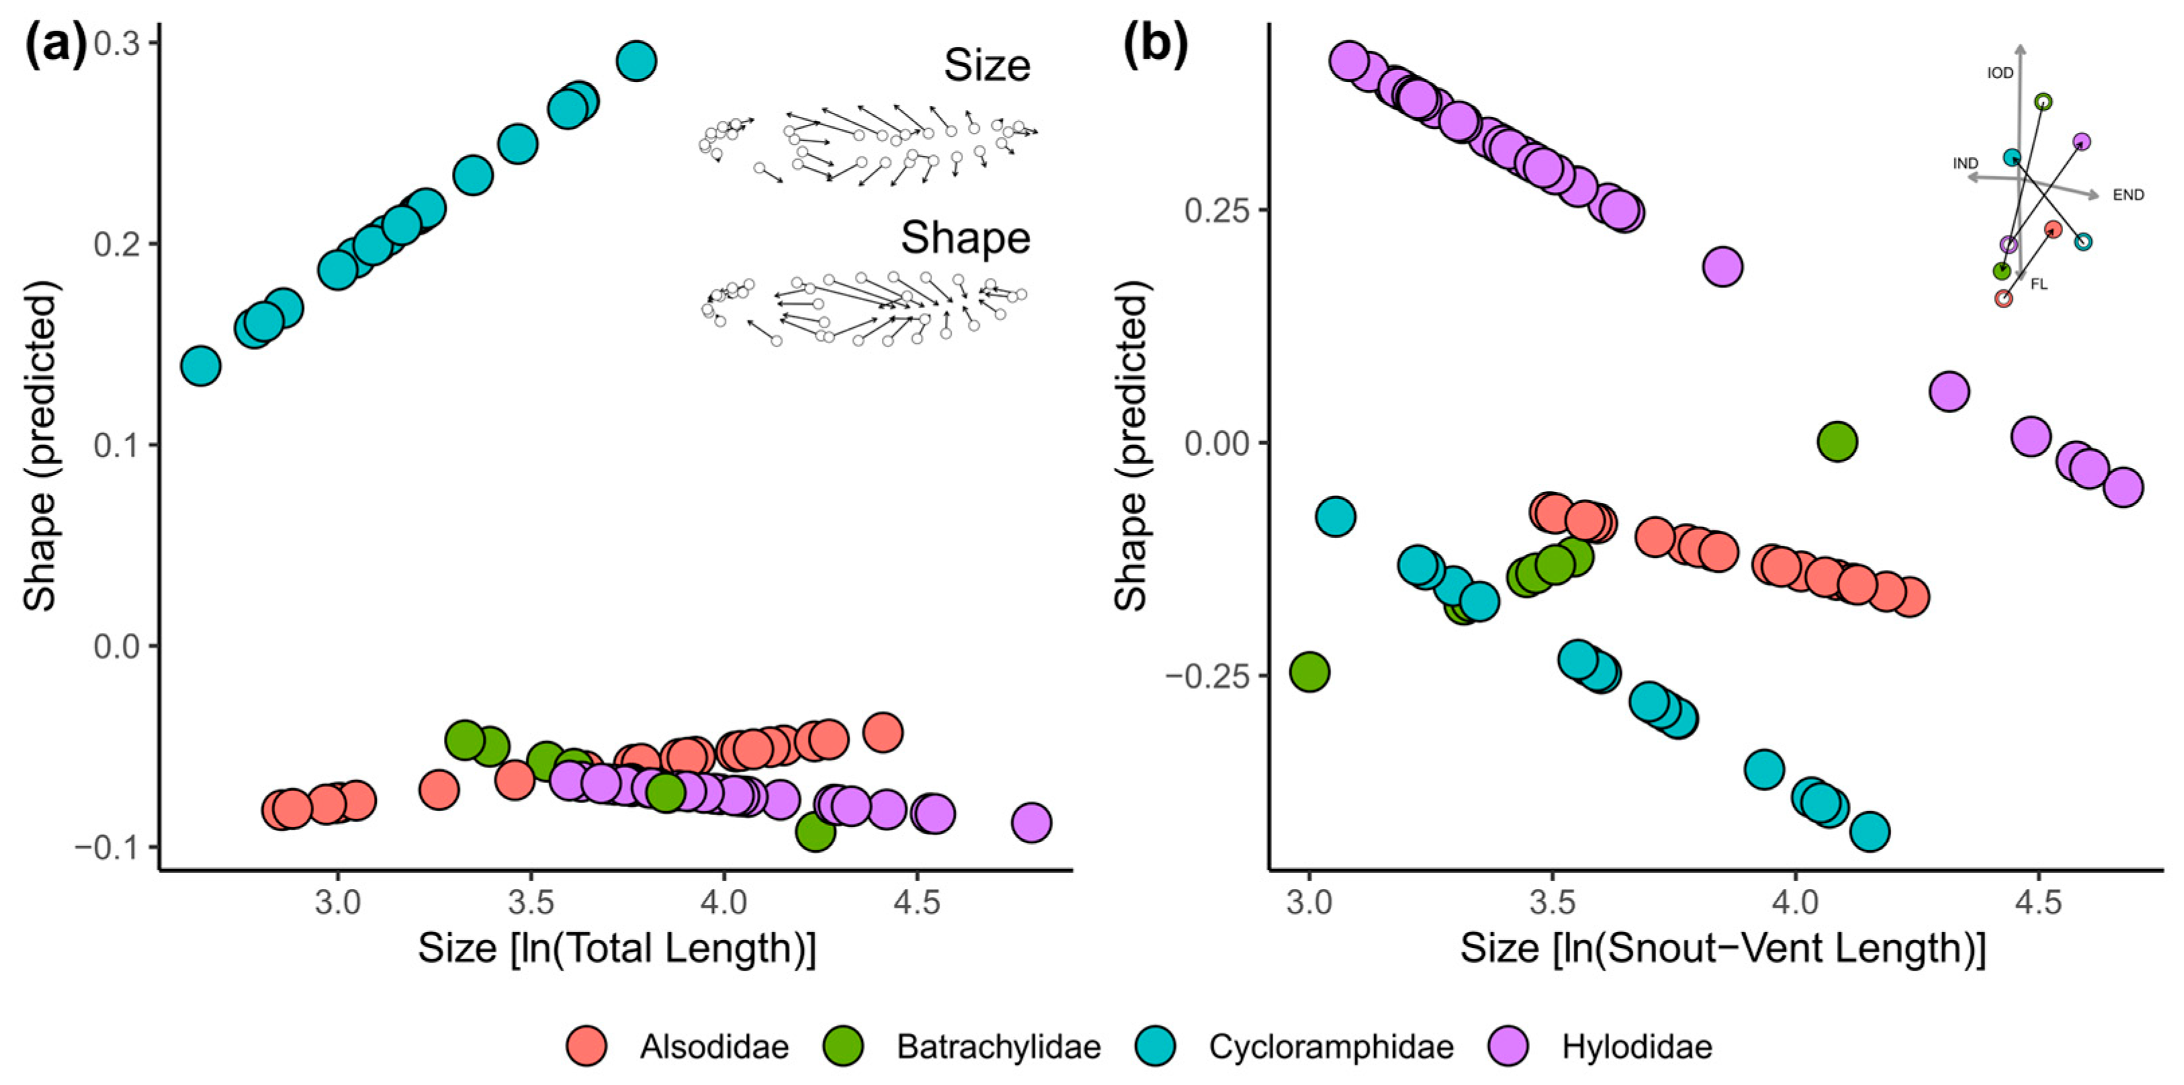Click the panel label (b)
[1154, 46]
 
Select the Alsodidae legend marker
[587, 1046]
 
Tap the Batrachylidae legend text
[998, 1047]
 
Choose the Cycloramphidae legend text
[1330, 1047]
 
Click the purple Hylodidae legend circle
[1508, 1046]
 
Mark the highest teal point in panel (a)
[636, 61]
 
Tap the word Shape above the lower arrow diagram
[965, 238]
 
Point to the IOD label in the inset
[1999, 74]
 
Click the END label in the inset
[2128, 195]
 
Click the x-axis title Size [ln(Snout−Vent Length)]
[1722, 947]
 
